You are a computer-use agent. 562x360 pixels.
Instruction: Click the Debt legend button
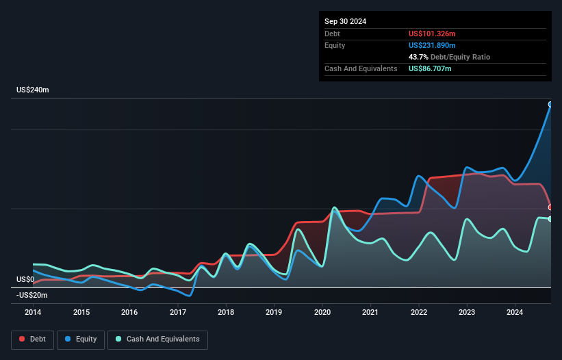[x=33, y=339]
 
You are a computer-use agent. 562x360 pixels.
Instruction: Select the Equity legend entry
[x=81, y=339]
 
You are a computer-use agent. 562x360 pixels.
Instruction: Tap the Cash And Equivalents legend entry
[x=157, y=339]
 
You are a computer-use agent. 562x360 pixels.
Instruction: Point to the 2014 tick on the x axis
[x=33, y=313]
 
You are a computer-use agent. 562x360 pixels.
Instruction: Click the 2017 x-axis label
[x=178, y=313]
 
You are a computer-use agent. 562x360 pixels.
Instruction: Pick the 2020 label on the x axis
[x=322, y=313]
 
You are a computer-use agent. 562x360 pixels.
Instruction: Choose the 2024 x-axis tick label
[x=515, y=313]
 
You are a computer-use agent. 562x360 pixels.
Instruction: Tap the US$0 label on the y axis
[x=25, y=279]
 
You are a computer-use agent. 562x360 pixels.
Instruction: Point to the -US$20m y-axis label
[x=32, y=295]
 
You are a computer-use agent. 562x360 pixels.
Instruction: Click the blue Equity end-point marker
[x=550, y=105]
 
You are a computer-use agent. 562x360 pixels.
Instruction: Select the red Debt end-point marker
[x=550, y=207]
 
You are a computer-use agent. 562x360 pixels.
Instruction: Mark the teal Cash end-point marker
[x=550, y=219]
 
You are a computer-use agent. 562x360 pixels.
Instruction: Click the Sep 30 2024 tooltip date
[x=345, y=21]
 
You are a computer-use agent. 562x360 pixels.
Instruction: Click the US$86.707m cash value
[x=430, y=68]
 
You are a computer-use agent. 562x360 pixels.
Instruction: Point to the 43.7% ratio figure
[x=419, y=57]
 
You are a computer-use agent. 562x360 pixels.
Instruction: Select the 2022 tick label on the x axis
[x=419, y=313]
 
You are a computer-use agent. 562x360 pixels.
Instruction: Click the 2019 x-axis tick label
[x=274, y=313]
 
